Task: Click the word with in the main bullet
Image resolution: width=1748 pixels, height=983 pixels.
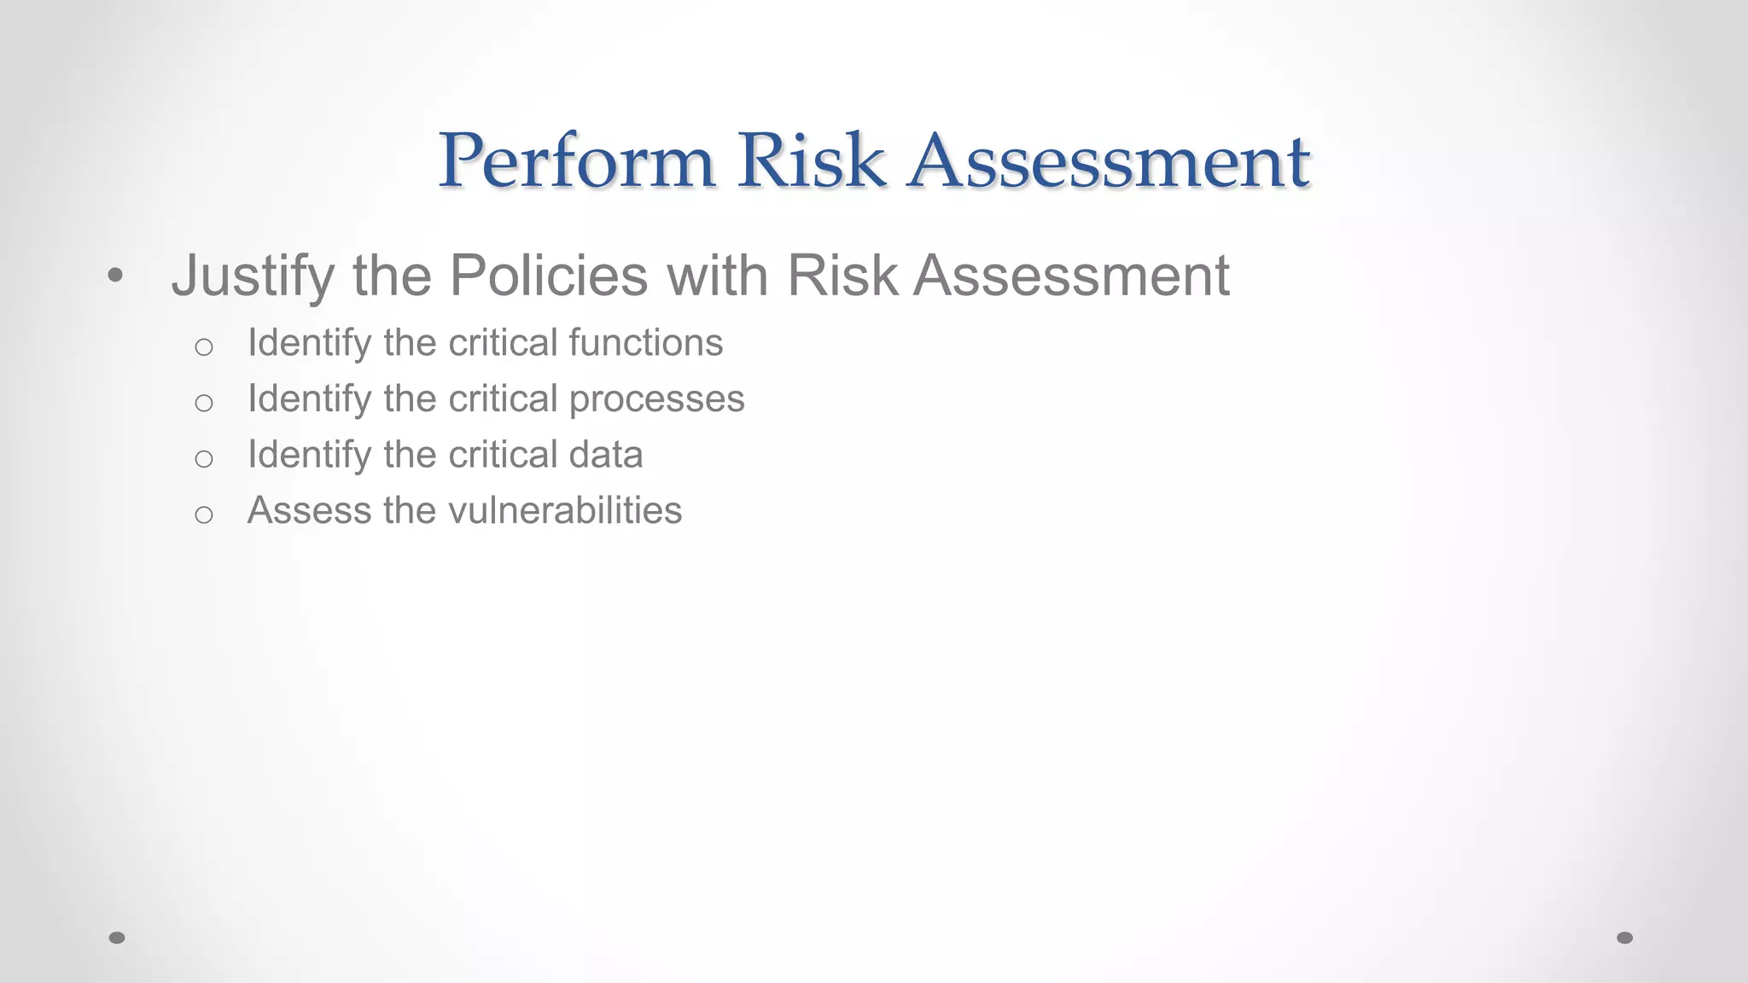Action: (717, 276)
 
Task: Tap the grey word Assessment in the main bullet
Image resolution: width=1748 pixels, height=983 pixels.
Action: (1071, 276)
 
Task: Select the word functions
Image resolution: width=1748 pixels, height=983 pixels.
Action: (646, 343)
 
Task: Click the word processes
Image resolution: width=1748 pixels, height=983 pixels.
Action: (656, 399)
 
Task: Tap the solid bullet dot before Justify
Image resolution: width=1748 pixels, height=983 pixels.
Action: (116, 276)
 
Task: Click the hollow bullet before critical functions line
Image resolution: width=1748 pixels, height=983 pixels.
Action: (203, 346)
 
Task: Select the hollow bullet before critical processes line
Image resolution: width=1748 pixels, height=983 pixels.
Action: (203, 403)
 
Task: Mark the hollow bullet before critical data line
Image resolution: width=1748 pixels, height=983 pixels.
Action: (203, 459)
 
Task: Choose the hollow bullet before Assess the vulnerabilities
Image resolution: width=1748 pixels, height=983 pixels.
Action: (203, 515)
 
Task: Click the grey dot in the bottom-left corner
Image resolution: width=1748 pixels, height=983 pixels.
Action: (117, 938)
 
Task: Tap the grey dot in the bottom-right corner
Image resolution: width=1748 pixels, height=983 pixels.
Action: (1625, 938)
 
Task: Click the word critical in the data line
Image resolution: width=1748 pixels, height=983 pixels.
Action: (503, 455)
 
